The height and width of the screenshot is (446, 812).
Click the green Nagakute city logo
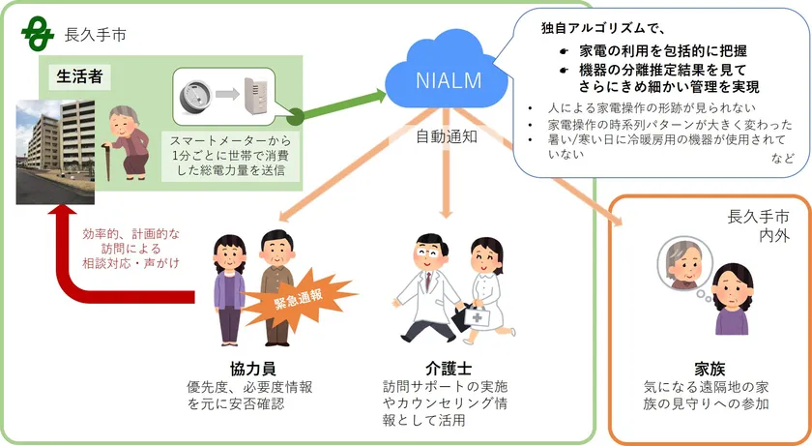point(39,36)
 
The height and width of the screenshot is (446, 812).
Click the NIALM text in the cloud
point(449,80)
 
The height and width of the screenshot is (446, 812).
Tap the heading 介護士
point(446,369)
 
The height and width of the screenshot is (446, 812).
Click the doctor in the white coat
point(425,285)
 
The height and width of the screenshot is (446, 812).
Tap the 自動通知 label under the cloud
point(448,136)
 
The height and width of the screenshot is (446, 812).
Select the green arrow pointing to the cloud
point(334,104)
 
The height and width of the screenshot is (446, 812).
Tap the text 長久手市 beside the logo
point(94,36)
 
